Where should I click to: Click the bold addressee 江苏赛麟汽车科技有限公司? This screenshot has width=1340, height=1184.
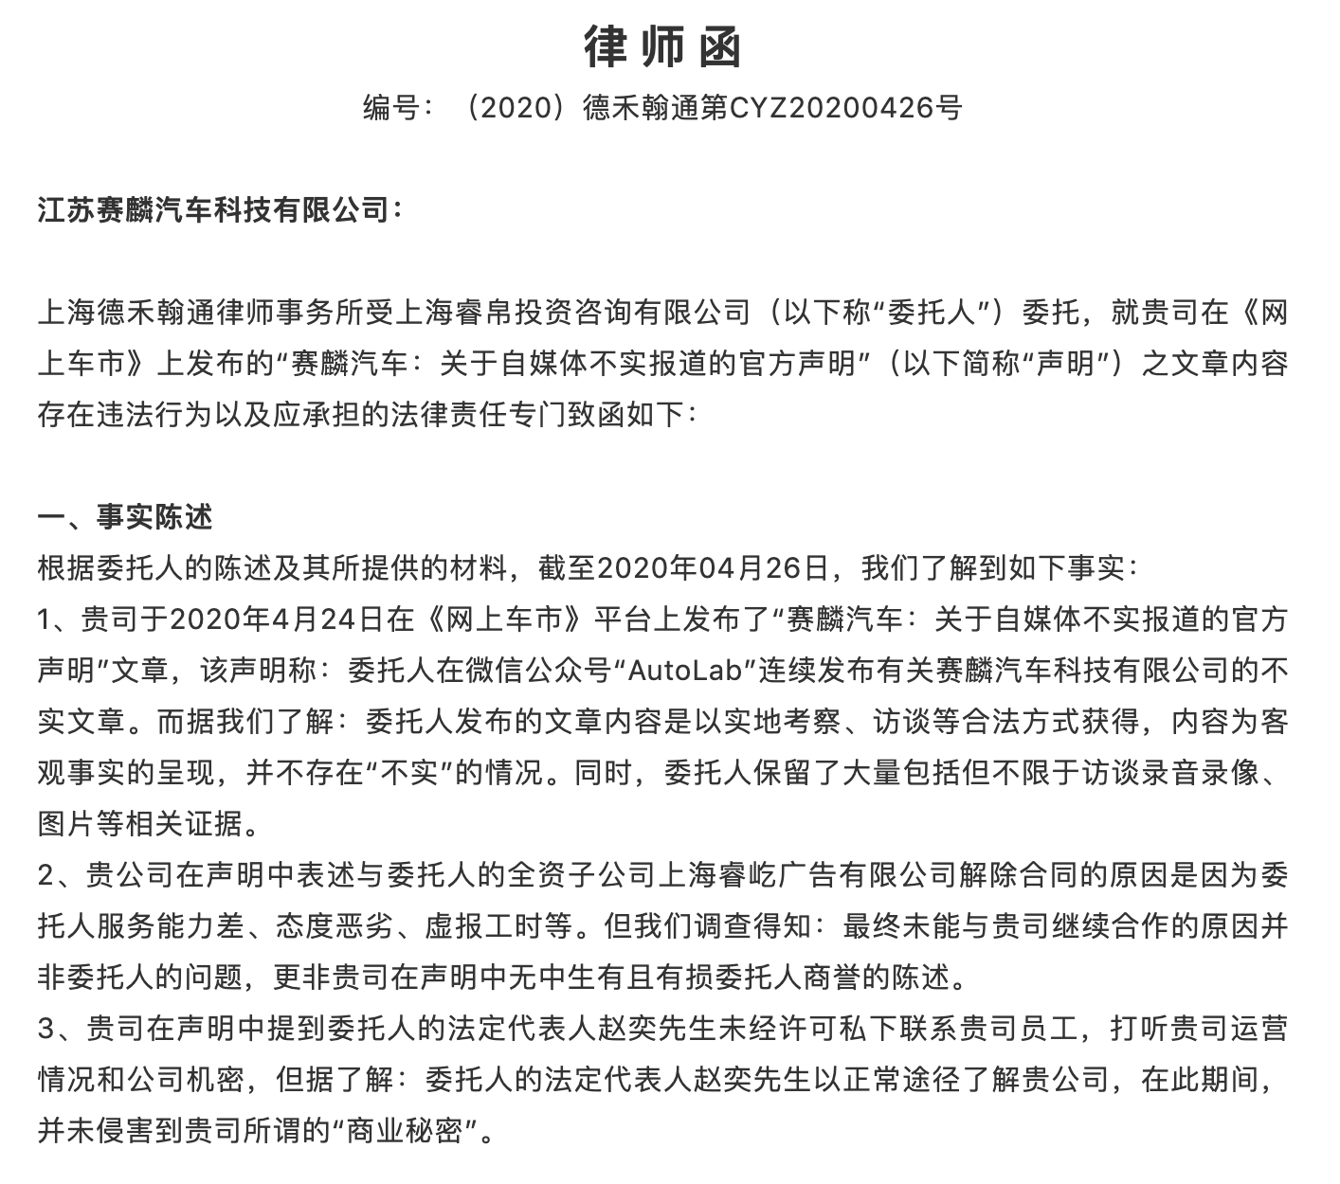(x=212, y=209)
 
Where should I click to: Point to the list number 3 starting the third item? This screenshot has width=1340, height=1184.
(x=47, y=1029)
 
